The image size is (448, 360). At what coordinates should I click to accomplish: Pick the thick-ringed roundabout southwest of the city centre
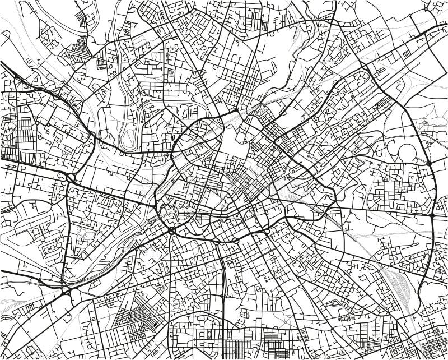point(171,230)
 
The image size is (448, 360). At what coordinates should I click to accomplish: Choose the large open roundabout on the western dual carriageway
point(71,178)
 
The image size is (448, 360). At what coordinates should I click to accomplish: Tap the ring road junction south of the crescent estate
point(433,215)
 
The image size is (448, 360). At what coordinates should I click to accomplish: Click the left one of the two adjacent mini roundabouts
point(215,242)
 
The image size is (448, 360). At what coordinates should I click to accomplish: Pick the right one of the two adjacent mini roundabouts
point(235,241)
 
